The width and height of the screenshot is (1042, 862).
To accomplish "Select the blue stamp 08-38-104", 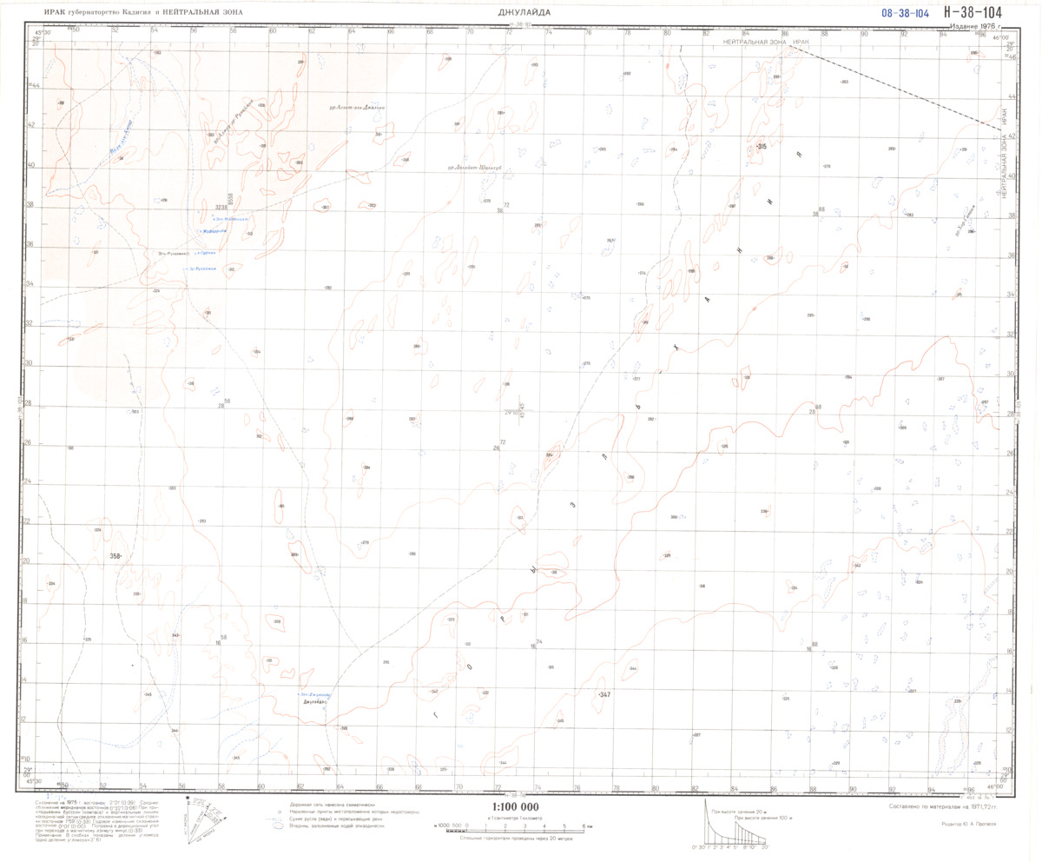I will click(x=905, y=13).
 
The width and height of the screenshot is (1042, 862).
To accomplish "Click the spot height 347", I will click(x=604, y=695).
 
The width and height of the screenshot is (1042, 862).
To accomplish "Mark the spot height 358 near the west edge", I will click(x=115, y=554).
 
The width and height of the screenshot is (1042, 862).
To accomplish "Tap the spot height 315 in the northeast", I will click(x=761, y=146).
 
